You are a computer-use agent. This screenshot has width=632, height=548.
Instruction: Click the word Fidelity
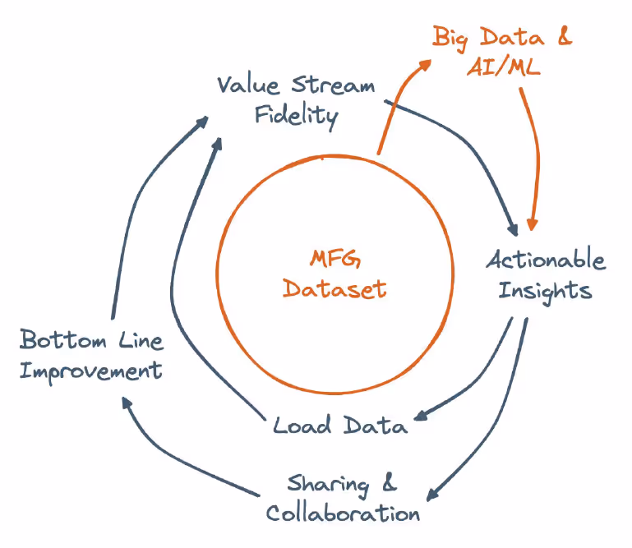(296, 115)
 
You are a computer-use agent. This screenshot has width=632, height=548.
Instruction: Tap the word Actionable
(546, 260)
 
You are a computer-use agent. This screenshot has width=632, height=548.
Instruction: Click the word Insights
(545, 289)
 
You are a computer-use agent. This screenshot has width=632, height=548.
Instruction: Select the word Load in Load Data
(302, 425)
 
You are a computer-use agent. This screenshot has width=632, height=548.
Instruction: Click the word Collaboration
(343, 513)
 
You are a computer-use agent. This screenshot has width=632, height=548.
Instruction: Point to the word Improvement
(90, 371)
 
